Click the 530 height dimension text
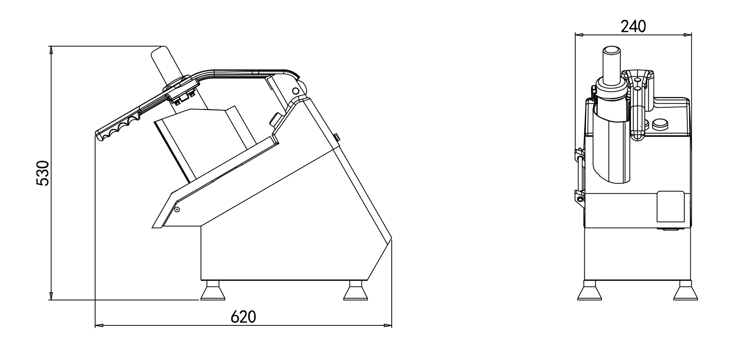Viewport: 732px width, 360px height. coord(42,173)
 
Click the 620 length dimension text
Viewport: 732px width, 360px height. coord(243,317)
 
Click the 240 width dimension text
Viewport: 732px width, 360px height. coord(633,27)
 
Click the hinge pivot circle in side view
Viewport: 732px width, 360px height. coord(295,91)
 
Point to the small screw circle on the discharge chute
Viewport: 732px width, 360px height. coord(177,209)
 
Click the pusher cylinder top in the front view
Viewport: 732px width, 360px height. coord(612,51)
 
